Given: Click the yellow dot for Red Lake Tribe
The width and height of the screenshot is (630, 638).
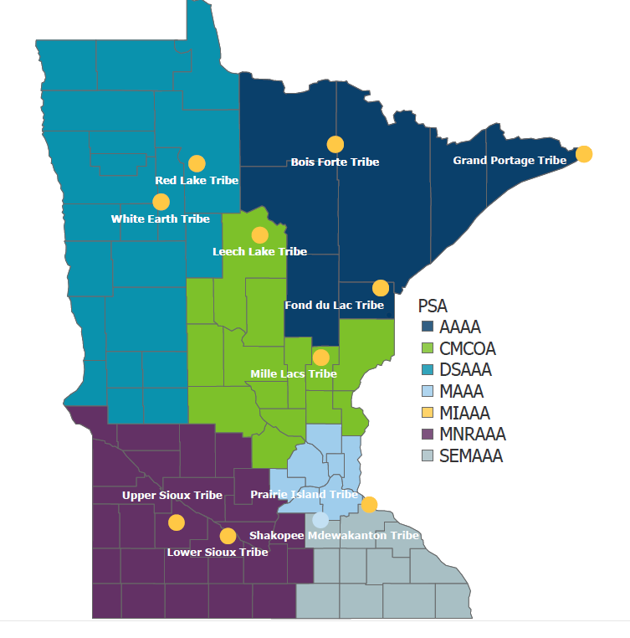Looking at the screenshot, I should pyautogui.click(x=197, y=163).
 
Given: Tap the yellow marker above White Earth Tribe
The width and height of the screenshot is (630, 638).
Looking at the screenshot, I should pyautogui.click(x=161, y=202).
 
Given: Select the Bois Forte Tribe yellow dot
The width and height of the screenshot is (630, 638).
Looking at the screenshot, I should pyautogui.click(x=335, y=144).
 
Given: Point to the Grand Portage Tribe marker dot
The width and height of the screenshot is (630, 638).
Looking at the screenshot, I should pyautogui.click(x=584, y=154).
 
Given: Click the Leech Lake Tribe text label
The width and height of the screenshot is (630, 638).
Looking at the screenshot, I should pyautogui.click(x=259, y=251).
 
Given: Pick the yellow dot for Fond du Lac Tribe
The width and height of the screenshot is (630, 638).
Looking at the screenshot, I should pyautogui.click(x=381, y=288).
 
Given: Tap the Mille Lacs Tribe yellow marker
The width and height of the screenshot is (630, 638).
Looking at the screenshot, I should pyautogui.click(x=321, y=358).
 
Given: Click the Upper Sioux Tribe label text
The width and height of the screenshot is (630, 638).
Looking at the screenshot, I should pyautogui.click(x=172, y=495).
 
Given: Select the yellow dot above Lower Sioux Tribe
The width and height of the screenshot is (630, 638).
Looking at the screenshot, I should pyautogui.click(x=228, y=536).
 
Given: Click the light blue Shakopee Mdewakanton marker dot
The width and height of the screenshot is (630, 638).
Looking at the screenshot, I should pyautogui.click(x=320, y=520).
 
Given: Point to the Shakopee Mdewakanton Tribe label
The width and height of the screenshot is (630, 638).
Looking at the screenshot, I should pyautogui.click(x=334, y=535).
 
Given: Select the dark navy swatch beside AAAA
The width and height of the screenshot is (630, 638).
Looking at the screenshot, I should pyautogui.click(x=427, y=327).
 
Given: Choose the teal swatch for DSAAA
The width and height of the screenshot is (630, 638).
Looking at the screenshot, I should pyautogui.click(x=427, y=369).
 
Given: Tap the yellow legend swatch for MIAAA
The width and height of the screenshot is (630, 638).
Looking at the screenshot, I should pyautogui.click(x=427, y=413).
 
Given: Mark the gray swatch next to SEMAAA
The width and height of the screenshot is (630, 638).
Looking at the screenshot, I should pyautogui.click(x=427, y=456).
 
